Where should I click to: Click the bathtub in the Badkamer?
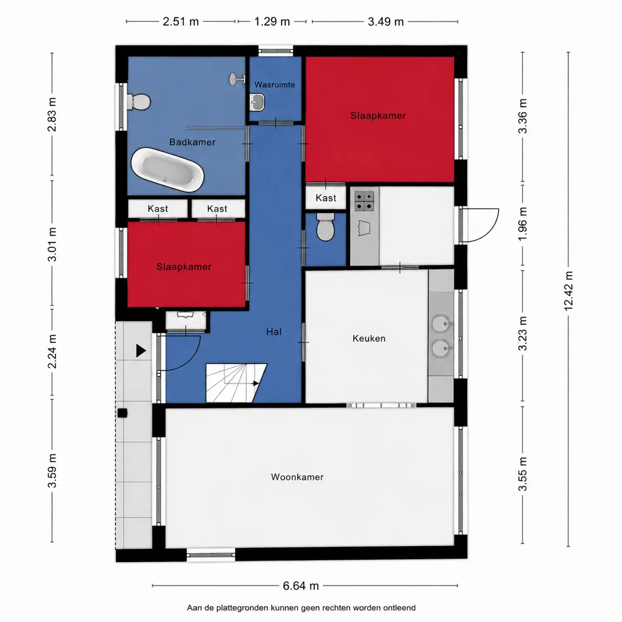(x=167, y=170)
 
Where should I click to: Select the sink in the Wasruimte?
(x=257, y=102)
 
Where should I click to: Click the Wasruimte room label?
(x=275, y=84)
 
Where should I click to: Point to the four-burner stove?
(x=365, y=201)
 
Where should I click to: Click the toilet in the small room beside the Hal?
(x=325, y=227)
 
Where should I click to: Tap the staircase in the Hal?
(x=236, y=383)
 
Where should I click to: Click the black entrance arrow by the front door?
(x=141, y=351)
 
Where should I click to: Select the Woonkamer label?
(x=297, y=477)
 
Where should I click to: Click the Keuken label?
(x=369, y=339)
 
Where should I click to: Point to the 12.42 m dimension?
(x=568, y=291)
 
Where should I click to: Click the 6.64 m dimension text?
(x=301, y=585)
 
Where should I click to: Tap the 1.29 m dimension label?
(x=272, y=22)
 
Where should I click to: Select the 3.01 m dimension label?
(x=52, y=245)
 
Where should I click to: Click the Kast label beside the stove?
(x=326, y=198)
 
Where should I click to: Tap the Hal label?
(x=274, y=332)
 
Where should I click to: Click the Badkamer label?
(x=192, y=142)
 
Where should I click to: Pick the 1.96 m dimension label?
(x=523, y=224)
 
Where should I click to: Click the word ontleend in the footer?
(x=399, y=608)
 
